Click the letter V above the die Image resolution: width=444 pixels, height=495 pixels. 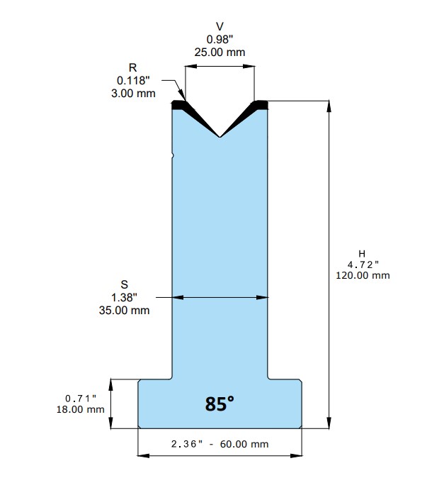[x=220, y=26]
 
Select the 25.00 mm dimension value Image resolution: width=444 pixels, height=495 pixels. [x=220, y=52]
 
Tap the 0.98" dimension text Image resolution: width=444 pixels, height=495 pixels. [x=220, y=39]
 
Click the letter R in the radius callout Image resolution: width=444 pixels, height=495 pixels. [x=132, y=67]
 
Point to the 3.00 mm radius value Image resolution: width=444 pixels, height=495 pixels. [x=133, y=94]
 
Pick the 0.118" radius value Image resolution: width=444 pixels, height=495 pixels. [x=133, y=81]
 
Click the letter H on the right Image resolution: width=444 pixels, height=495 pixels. [x=362, y=253]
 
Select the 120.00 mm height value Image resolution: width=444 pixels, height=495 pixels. [x=363, y=275]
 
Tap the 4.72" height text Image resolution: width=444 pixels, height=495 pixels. [x=363, y=265]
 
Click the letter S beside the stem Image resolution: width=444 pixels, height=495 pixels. [x=125, y=285]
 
